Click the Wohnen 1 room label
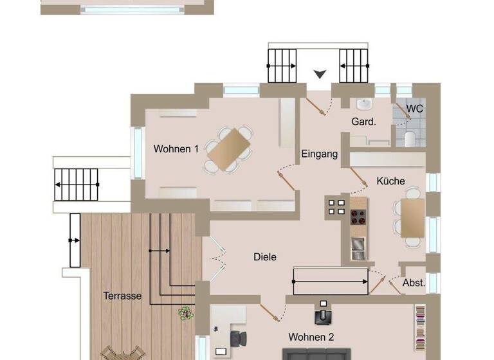[176, 149]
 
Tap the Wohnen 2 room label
[311, 337]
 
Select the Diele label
[264, 257]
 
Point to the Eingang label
[320, 154]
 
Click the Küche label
[390, 181]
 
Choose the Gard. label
[363, 122]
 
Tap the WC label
[415, 109]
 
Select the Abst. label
[413, 283]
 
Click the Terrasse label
[122, 296]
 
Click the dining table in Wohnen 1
[228, 150]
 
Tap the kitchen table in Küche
[412, 218]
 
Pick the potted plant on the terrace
[186, 313]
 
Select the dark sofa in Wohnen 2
[315, 354]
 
